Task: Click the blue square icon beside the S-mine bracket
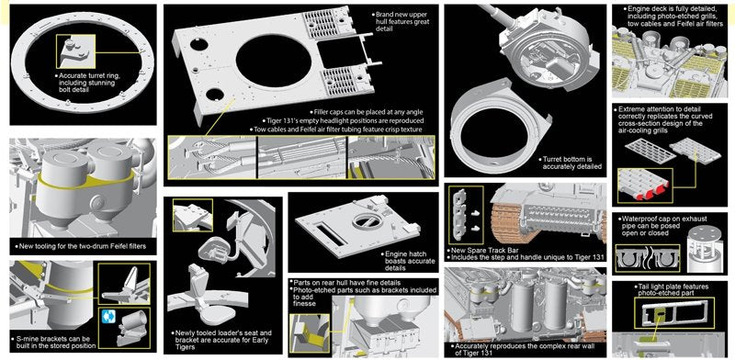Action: coord(106,317)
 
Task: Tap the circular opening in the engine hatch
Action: coord(367,219)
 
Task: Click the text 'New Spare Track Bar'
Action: coord(482,251)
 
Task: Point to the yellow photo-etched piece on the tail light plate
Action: coord(659,314)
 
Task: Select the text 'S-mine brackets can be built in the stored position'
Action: coord(55,342)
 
